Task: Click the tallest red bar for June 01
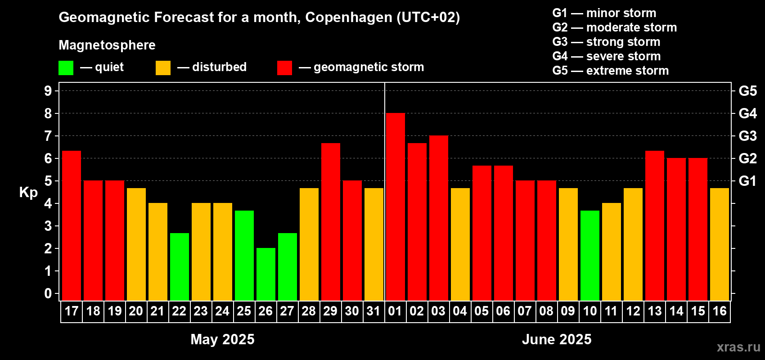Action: pos(395,207)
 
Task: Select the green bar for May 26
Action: pos(265,274)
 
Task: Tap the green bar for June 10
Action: pos(589,255)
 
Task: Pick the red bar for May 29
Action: pos(330,222)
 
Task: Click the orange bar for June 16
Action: pos(719,244)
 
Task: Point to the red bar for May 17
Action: pos(71,225)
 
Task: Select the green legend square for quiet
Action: pos(66,68)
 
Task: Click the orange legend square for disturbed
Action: pos(163,68)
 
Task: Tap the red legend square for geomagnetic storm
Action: pos(284,68)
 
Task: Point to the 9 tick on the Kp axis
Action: pos(48,91)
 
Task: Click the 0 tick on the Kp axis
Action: pos(48,294)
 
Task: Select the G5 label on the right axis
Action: pos(747,91)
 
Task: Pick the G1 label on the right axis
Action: pos(747,181)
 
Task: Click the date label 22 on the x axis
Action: pos(179,311)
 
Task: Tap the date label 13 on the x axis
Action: pos(654,311)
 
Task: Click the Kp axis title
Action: pos(28,193)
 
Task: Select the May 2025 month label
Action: pos(222,339)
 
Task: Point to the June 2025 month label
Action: pos(557,339)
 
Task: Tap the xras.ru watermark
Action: pos(738,347)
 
